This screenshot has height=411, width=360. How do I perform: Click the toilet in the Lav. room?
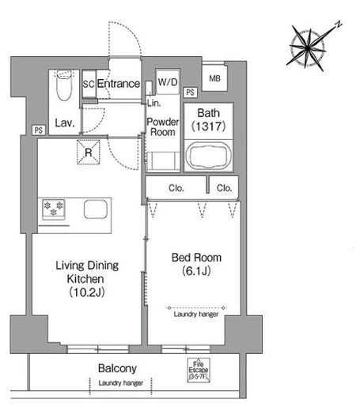pos(64,85)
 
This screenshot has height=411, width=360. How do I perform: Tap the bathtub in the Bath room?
pos(209,156)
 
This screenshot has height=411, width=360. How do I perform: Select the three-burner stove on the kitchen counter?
pos(54,209)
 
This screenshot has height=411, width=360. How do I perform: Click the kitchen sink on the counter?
pos(96,209)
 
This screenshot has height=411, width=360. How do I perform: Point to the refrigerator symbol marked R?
pos(89,153)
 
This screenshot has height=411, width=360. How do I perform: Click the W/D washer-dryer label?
pos(168,82)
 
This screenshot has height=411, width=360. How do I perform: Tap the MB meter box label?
pos(214,78)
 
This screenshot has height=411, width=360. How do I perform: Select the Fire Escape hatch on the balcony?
pos(199,370)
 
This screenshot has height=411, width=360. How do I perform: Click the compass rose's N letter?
pos(338,25)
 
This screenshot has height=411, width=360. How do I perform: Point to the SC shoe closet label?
pos(89,84)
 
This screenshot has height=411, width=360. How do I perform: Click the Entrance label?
pos(119,84)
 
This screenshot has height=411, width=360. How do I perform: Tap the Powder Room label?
pos(163,126)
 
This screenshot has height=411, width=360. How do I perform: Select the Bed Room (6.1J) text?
pos(196,264)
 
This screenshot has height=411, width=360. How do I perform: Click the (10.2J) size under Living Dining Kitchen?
pos(87,292)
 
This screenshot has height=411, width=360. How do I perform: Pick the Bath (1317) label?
pos(208,119)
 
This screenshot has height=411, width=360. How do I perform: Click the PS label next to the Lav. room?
pos(39,130)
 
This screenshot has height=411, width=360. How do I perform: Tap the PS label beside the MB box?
pos(190,92)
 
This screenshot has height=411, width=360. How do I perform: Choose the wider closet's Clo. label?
pos(176,188)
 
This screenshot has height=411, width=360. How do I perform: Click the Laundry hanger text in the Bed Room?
pos(196,314)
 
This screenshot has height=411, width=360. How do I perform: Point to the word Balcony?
pos(117,368)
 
